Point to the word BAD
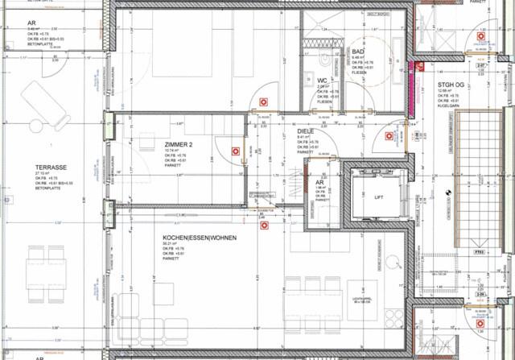[x=359, y=52]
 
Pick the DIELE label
[x=306, y=131]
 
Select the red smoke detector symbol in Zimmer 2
[x=233, y=151]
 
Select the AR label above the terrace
[x=31, y=23]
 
